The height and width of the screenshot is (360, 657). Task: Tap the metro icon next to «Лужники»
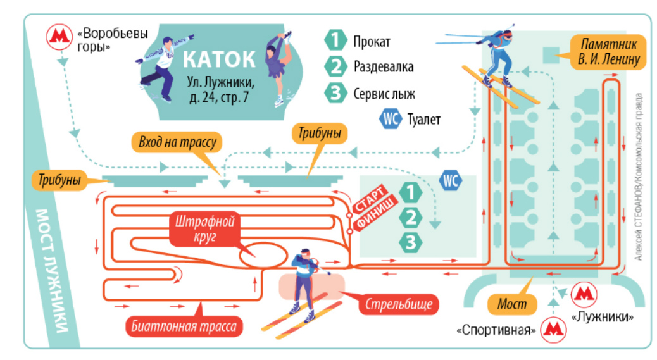pyautogui.click(x=582, y=295)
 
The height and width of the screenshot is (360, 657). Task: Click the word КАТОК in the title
pyautogui.click(x=219, y=59)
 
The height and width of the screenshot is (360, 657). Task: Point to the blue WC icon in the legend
pyautogui.click(x=391, y=119)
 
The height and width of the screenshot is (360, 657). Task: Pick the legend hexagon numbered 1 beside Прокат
pyautogui.click(x=335, y=42)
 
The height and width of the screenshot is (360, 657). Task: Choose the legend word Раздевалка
pyautogui.click(x=384, y=66)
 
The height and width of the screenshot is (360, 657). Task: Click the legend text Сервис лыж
pyautogui.click(x=384, y=94)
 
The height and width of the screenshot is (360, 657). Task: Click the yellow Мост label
pyautogui.click(x=512, y=305)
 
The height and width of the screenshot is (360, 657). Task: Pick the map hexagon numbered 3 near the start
pyautogui.click(x=412, y=241)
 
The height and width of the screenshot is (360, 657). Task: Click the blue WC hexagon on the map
pyautogui.click(x=450, y=180)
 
